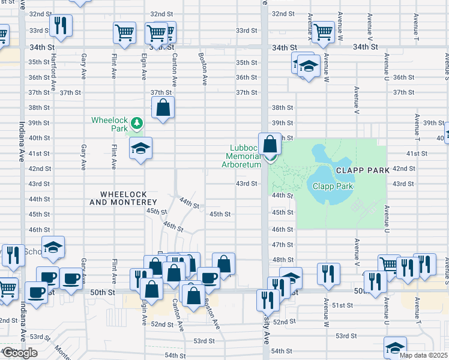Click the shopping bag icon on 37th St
(x=163, y=108)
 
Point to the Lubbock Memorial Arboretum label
(x=246, y=156)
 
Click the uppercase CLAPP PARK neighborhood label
(x=363, y=170)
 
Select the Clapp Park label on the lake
(x=333, y=186)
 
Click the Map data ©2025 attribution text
(x=423, y=355)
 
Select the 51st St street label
(x=343, y=305)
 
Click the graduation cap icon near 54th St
(x=395, y=347)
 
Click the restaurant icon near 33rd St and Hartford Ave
(x=61, y=25)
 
